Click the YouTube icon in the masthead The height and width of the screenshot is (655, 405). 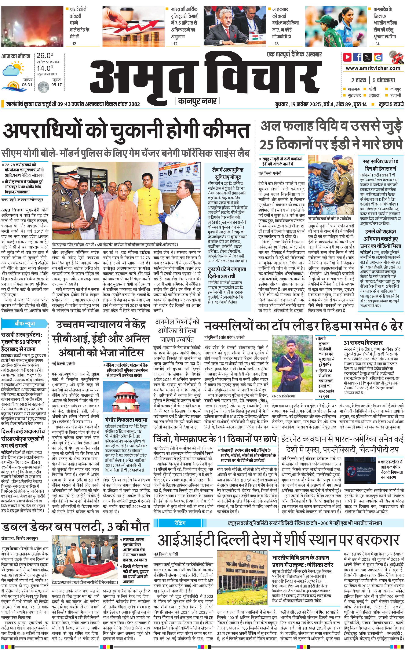[x=347, y=57]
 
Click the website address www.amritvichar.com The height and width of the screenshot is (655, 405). [x=373, y=68]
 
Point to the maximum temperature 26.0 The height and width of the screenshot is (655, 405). [x=45, y=56]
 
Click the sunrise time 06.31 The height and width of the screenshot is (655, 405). [x=27, y=85]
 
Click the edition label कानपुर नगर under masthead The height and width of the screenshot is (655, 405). [x=198, y=101]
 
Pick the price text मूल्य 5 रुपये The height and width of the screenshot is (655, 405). [x=391, y=104]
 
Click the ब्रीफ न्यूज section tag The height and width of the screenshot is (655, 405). [x=25, y=324]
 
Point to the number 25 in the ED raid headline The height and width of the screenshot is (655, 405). [x=266, y=145]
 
